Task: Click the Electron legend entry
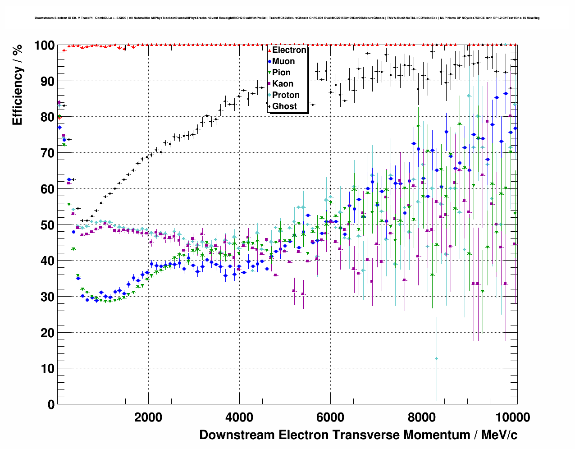(289, 50)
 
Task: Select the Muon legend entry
(283, 61)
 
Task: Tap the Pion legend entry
(281, 73)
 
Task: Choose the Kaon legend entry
(283, 84)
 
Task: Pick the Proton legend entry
(286, 95)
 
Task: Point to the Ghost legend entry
(284, 106)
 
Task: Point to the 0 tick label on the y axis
(51, 405)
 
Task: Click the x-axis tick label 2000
(148, 417)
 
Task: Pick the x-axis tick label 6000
(330, 417)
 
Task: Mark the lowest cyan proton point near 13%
(436, 359)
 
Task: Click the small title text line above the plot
(287, 18)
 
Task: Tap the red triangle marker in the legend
(269, 50)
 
